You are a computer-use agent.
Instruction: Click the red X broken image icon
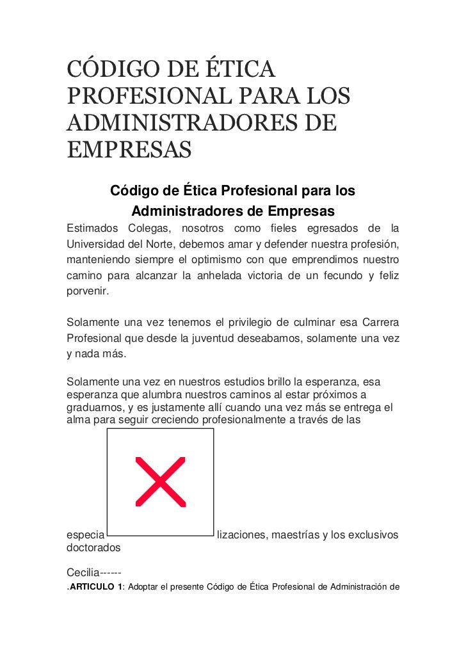(x=160, y=481)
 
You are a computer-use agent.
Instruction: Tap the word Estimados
(x=92, y=228)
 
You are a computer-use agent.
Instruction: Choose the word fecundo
(x=338, y=277)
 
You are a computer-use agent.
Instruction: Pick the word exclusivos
(x=370, y=535)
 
